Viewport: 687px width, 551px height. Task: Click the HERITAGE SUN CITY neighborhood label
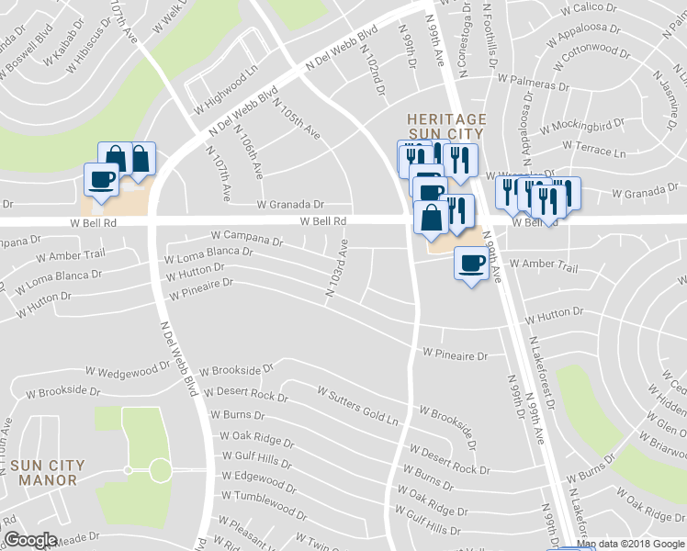[x=446, y=129]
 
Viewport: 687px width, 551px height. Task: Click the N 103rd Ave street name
[x=336, y=269]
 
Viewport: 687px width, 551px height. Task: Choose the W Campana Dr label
[x=246, y=239]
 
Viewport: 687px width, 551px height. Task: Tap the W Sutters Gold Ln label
[x=358, y=405]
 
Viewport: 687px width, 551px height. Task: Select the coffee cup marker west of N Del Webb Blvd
[x=101, y=178]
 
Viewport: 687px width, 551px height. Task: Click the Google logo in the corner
[x=30, y=541]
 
